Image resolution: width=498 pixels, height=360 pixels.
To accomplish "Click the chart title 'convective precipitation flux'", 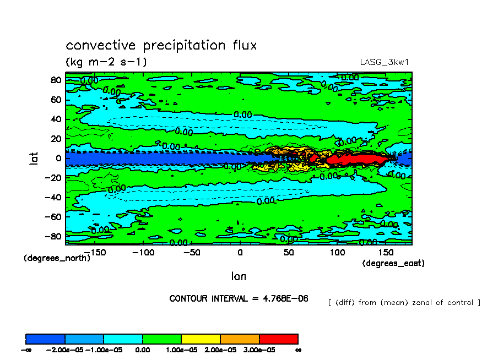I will coord(161,45).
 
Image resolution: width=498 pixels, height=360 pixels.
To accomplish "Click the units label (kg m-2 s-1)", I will coord(106,61).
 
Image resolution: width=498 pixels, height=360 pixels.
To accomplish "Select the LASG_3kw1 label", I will coord(383,62).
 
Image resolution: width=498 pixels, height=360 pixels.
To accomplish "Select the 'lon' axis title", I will coord(239,276).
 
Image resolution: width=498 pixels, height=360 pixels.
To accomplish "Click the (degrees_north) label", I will coord(57,258).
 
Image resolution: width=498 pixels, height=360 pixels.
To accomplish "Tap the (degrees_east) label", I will coord(393,264).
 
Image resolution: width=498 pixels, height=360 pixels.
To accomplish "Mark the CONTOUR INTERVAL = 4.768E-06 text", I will coord(239,298).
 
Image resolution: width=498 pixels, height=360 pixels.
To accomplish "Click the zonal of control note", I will coord(404,302).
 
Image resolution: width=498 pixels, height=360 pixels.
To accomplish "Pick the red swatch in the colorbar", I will coord(278,339).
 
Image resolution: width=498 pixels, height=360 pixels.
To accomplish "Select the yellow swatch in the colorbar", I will coord(201,339).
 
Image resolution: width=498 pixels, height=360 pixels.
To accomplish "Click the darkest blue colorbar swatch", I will coord(45,339).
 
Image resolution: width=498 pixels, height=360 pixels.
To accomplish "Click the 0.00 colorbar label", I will coord(142,350).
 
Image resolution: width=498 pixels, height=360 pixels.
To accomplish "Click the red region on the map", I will coord(353,159).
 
